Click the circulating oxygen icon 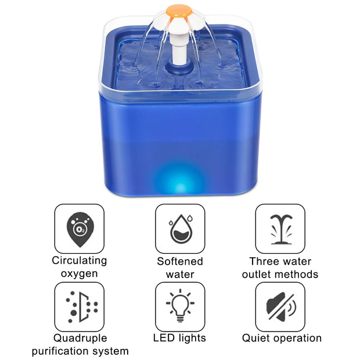(79, 228)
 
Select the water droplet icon (180, 228)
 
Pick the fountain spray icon (280, 228)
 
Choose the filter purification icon (79, 307)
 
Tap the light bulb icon (180, 307)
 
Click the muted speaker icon (280, 307)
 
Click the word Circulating (80, 261)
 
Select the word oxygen (80, 273)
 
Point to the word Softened (180, 261)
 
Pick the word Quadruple (80, 338)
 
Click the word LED (164, 337)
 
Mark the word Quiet (257, 337)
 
